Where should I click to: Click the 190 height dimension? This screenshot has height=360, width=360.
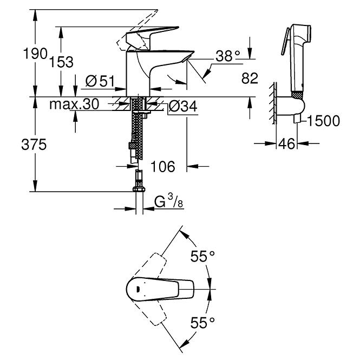click(35, 54)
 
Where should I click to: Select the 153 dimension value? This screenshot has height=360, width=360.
click(62, 62)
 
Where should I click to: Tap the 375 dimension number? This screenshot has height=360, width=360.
click(34, 145)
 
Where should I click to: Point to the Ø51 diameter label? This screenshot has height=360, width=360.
click(100, 81)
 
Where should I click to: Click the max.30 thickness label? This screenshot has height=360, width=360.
click(74, 104)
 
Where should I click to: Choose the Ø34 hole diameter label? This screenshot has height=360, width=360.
click(183, 107)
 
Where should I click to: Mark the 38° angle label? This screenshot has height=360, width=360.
click(228, 56)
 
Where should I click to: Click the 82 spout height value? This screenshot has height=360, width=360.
click(250, 78)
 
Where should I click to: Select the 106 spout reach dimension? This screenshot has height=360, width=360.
click(163, 166)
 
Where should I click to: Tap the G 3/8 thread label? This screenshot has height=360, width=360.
click(168, 201)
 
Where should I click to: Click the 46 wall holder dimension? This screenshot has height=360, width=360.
click(286, 144)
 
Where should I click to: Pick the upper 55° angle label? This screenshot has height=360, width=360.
click(202, 256)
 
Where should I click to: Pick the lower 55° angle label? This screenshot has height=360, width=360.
click(202, 323)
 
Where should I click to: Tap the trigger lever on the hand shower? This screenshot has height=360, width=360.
click(285, 41)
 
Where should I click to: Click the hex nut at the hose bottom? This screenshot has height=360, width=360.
click(139, 189)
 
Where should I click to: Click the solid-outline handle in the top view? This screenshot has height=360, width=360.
click(160, 289)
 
